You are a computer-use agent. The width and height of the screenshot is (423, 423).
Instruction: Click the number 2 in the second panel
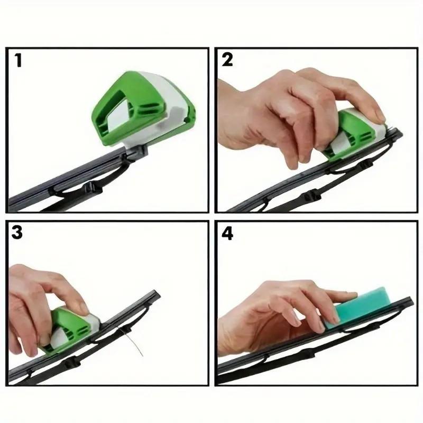(x=227, y=60)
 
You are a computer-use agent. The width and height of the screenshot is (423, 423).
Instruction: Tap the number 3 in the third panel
(x=17, y=233)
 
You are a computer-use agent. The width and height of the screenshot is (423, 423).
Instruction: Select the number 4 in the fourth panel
(x=227, y=234)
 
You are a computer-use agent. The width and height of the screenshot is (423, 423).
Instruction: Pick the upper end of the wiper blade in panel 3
(x=154, y=293)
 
